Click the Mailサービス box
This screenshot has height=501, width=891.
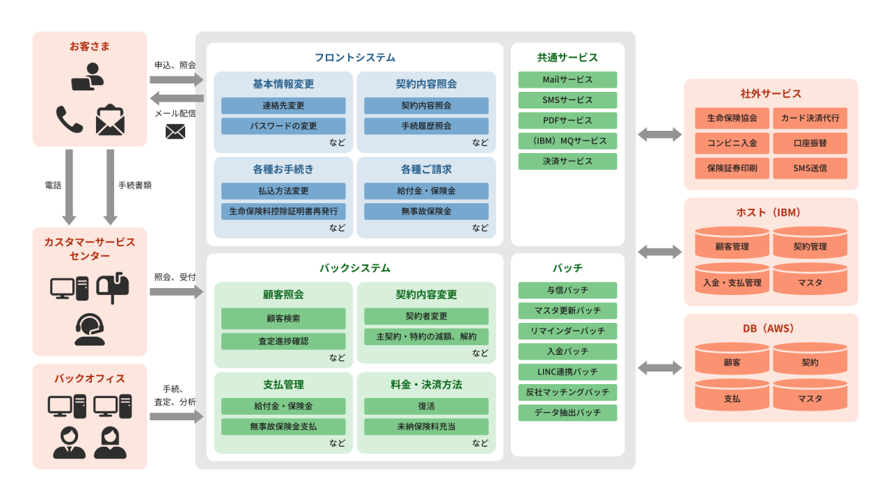[x=567, y=79]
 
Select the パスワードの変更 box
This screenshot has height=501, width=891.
[x=283, y=126]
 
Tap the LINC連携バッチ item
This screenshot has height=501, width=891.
[x=567, y=372]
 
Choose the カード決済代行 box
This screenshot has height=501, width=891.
[x=810, y=118]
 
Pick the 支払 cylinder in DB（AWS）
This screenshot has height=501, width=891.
[x=732, y=399]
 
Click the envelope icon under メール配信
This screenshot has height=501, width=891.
[x=175, y=132]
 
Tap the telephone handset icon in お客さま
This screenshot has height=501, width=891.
[x=70, y=120]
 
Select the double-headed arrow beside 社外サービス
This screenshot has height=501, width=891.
[x=659, y=134]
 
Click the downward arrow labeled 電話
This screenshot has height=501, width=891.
[x=70, y=186]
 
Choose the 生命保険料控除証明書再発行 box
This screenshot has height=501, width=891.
[x=283, y=211]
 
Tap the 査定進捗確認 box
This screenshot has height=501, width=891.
[x=283, y=341]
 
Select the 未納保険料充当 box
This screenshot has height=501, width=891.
[x=426, y=426]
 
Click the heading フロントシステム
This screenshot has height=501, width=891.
[x=354, y=58]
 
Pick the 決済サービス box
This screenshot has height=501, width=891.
[x=567, y=161]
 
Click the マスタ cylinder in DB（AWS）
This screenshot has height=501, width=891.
[x=810, y=399]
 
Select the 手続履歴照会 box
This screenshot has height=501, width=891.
[x=426, y=126]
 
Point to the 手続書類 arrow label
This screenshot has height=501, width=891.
[x=134, y=185]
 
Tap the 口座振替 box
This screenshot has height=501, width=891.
[x=810, y=143]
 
